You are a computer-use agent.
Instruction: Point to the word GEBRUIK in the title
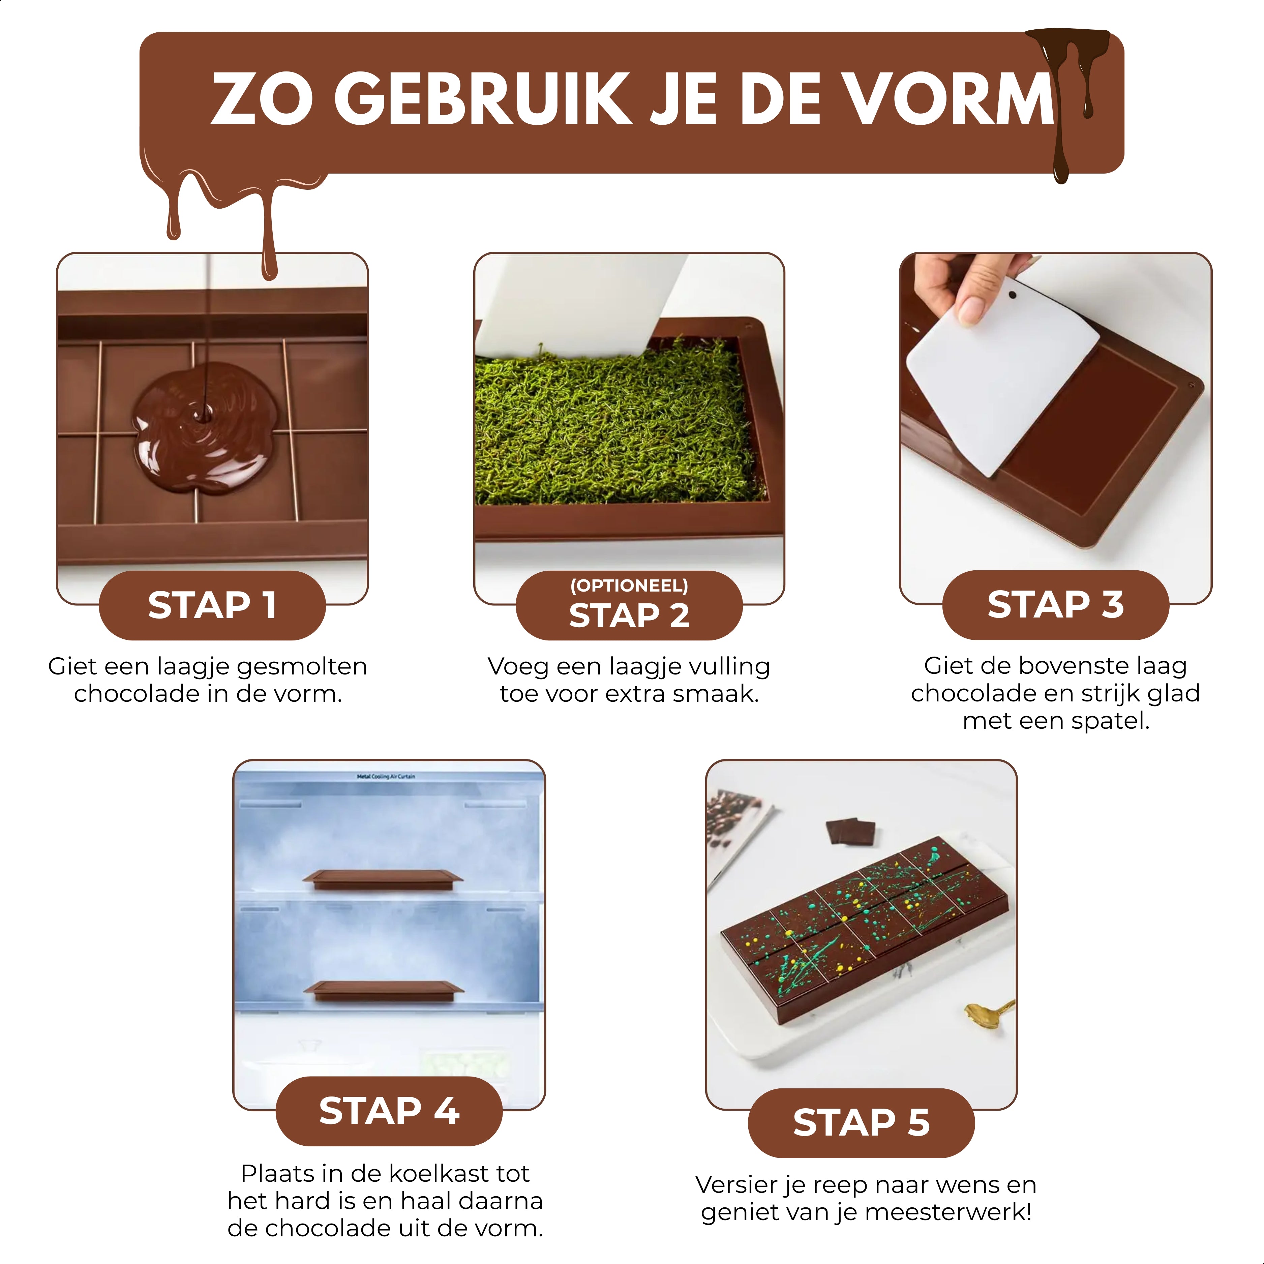[483, 99]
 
